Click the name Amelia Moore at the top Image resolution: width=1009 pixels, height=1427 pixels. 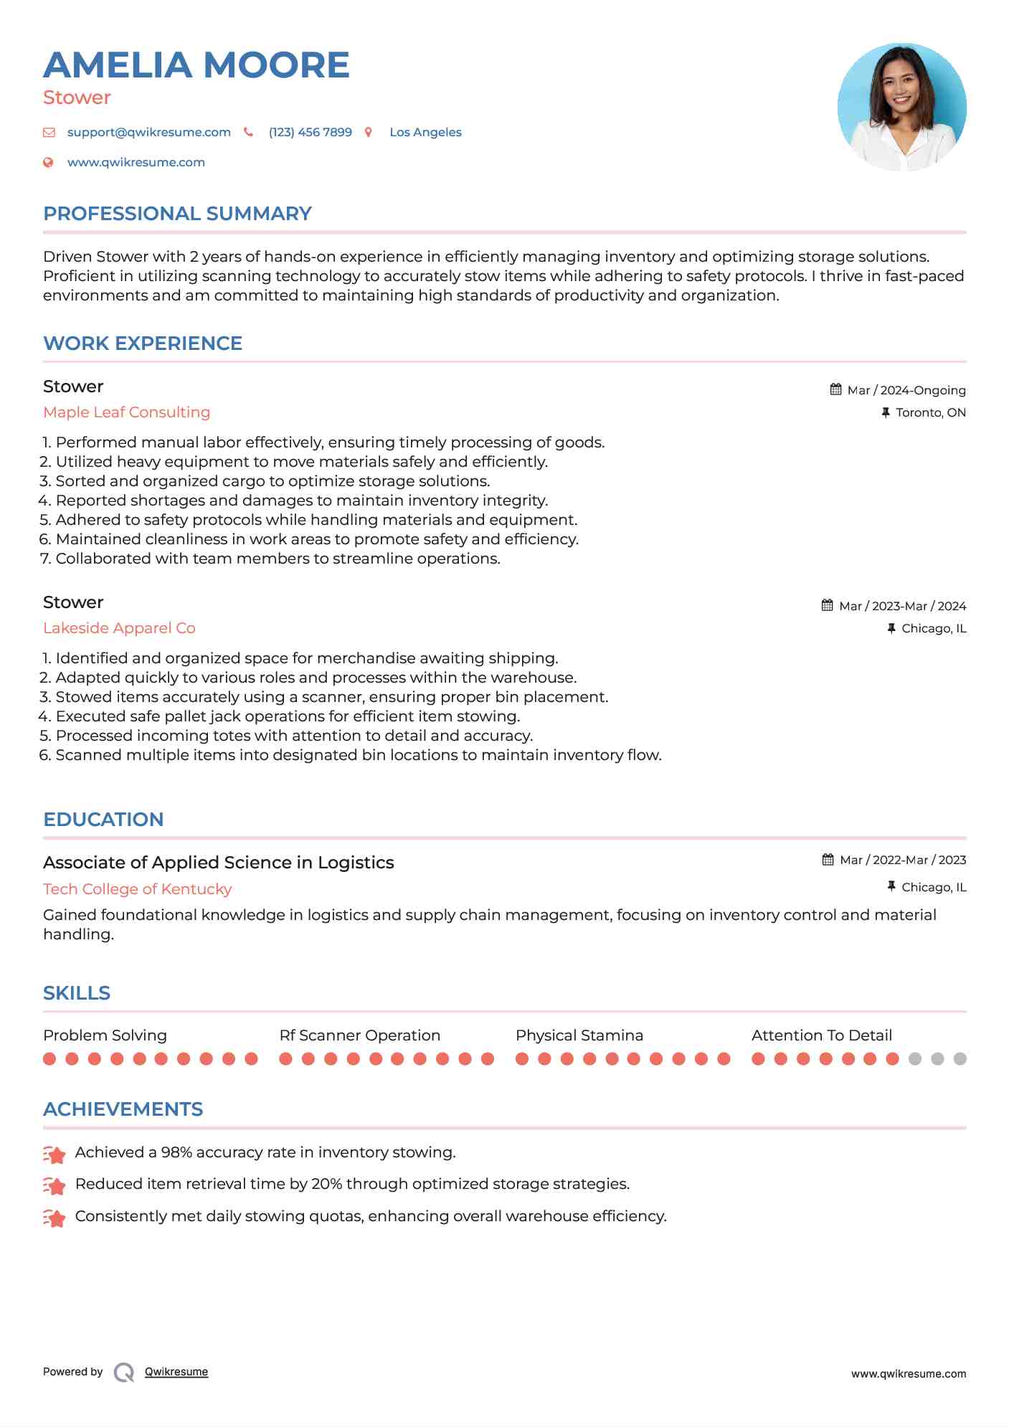pyautogui.click(x=196, y=65)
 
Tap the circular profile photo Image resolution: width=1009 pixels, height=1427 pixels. pyautogui.click(x=901, y=107)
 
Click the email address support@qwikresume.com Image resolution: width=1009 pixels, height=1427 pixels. pyautogui.click(x=148, y=132)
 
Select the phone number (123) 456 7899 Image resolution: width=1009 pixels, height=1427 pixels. pyautogui.click(x=310, y=132)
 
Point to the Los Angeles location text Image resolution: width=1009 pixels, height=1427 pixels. pyautogui.click(x=425, y=132)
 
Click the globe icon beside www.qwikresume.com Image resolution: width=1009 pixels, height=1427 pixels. pyautogui.click(x=49, y=162)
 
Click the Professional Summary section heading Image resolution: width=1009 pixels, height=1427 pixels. pyautogui.click(x=177, y=214)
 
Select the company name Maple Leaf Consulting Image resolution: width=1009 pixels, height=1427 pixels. pyautogui.click(x=126, y=412)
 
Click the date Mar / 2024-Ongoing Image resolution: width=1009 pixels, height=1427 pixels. pyautogui.click(x=906, y=390)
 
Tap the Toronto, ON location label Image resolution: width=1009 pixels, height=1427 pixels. pyautogui.click(x=930, y=412)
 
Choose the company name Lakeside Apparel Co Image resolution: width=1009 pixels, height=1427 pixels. pyautogui.click(x=119, y=628)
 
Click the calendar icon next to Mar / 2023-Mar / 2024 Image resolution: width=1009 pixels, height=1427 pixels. pyautogui.click(x=828, y=605)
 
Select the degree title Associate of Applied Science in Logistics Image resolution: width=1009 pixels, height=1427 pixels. pyautogui.click(x=218, y=863)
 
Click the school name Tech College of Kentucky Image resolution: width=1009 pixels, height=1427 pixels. pyautogui.click(x=137, y=889)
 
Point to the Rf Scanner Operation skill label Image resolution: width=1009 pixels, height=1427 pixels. pyautogui.click(x=359, y=1035)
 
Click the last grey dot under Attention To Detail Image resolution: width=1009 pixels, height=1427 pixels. pyautogui.click(x=960, y=1058)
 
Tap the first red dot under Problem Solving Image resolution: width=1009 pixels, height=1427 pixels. pyautogui.click(x=49, y=1058)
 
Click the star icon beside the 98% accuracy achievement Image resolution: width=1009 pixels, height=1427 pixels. pyautogui.click(x=55, y=1154)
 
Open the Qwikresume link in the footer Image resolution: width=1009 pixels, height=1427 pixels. pyautogui.click(x=176, y=1372)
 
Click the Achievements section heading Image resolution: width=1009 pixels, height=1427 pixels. pyautogui.click(x=123, y=1109)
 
